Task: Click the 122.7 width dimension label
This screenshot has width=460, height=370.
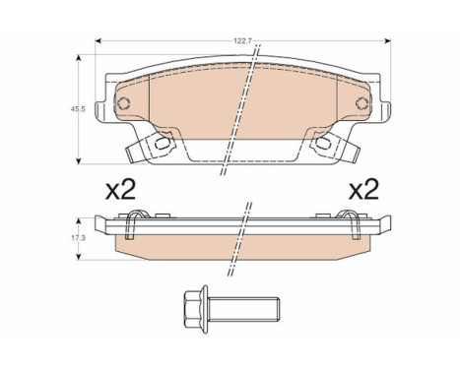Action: (x=242, y=41)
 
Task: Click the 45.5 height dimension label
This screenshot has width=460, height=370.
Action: (x=78, y=109)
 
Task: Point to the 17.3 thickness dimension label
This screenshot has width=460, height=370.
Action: (x=78, y=238)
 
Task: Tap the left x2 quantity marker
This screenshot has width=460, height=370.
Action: (x=120, y=190)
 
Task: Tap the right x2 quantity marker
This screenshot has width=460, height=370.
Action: (x=363, y=190)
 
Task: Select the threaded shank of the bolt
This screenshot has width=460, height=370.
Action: (x=243, y=309)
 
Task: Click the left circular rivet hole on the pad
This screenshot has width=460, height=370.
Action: (x=124, y=103)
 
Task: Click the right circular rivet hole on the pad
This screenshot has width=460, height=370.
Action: (x=361, y=103)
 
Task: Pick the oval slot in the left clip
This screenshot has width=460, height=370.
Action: (x=164, y=143)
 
